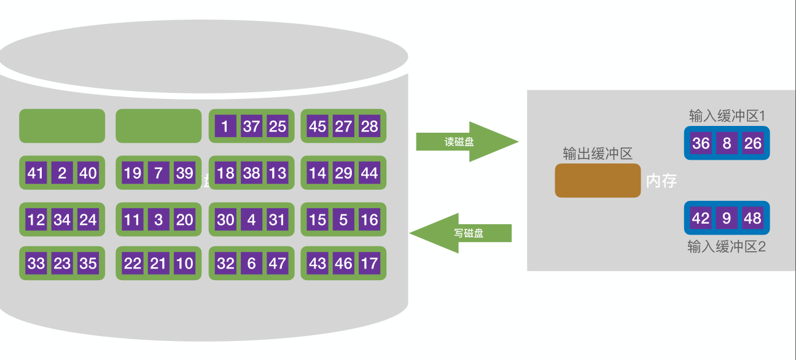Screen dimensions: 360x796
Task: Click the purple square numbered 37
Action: [x=251, y=127]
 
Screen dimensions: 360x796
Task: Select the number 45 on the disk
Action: [x=318, y=127]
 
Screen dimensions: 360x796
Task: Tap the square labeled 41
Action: [x=36, y=173]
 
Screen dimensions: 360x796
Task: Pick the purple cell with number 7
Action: [x=158, y=173]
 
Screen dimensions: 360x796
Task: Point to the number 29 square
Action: [x=343, y=173]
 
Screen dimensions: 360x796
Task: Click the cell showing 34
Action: [x=62, y=219]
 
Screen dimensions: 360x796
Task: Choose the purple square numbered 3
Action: [x=158, y=219]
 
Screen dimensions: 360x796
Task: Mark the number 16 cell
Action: [x=369, y=219]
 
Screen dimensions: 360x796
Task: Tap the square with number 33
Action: [x=36, y=264]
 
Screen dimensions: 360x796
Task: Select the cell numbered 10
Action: [x=184, y=264]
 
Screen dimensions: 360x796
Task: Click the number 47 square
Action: [x=278, y=264]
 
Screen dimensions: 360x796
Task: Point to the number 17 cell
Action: [x=369, y=264]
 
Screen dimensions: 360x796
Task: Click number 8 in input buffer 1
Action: [x=727, y=144]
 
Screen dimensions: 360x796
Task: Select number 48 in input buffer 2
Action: [x=752, y=218]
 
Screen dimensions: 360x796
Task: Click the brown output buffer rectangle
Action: [x=598, y=181]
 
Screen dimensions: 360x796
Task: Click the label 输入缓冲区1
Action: [x=726, y=116]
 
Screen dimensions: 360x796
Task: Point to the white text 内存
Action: [x=661, y=181]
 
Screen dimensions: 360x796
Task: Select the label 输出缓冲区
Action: [x=598, y=154]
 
